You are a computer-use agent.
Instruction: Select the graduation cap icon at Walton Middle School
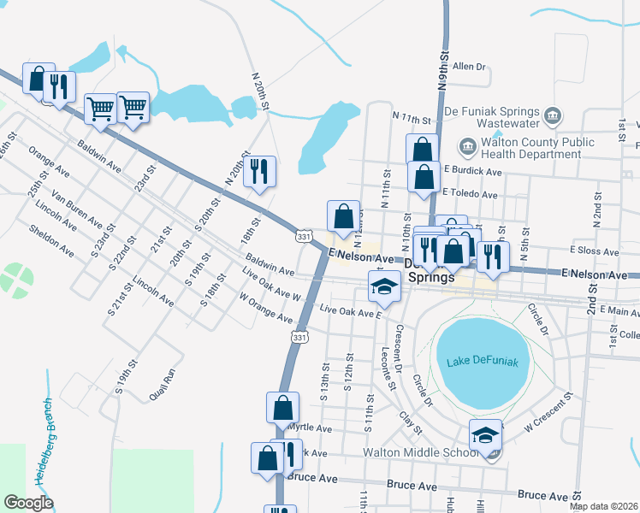485,434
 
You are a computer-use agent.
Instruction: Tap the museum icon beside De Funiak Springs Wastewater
552,115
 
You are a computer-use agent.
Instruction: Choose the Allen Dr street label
469,66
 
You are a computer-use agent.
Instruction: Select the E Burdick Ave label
471,172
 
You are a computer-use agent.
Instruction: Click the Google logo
28,503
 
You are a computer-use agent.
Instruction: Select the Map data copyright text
604,506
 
